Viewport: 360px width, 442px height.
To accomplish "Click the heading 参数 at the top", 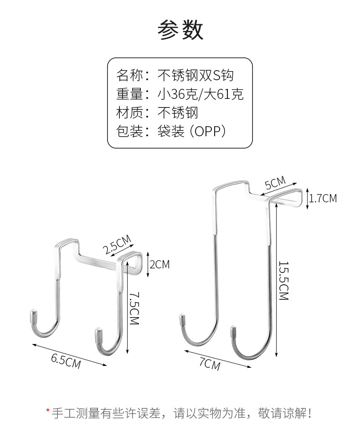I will pos(180,30).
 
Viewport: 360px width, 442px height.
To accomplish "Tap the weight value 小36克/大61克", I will pos(201,94).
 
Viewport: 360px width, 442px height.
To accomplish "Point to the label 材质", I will pos(129,113).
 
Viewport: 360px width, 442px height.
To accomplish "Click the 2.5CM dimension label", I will pos(117,244).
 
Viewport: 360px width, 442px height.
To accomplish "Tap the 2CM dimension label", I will pos(159,264).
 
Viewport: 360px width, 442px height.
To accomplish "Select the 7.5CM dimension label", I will pos(134,308).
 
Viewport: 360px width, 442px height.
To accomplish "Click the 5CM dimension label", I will pos(275,183).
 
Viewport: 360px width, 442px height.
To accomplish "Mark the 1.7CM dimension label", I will pos(323,198).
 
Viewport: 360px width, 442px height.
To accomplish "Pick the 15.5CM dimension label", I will pos(284,281).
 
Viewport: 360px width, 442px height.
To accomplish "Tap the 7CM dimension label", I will pos(210,364).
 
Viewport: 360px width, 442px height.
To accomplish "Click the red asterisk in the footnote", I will pos(47,412).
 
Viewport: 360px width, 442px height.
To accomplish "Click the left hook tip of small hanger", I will pos(33,315).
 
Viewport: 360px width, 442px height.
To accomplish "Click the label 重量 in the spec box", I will pos(129,94).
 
